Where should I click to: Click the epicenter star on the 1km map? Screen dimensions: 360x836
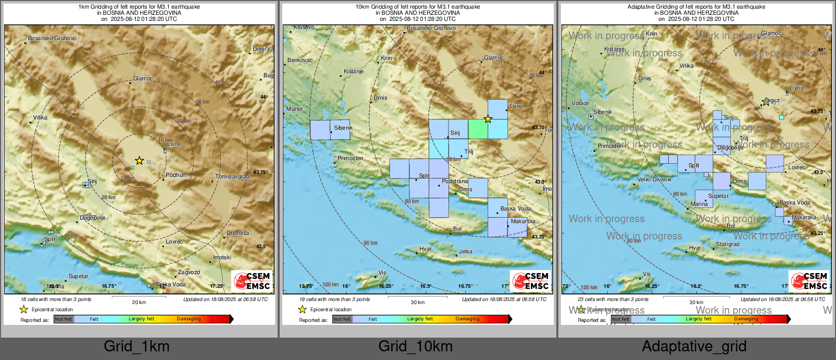[x=139, y=161]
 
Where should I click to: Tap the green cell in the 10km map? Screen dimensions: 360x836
[x=478, y=129]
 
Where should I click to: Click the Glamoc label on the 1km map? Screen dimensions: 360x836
[x=143, y=79]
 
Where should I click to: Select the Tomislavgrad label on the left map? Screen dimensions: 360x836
[x=232, y=177]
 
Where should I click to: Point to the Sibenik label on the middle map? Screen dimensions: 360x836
[x=343, y=128]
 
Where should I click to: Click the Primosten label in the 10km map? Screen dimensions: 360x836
[x=350, y=159]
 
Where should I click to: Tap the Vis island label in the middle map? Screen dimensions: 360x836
[x=382, y=273]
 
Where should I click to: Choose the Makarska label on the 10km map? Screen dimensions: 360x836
[x=523, y=222]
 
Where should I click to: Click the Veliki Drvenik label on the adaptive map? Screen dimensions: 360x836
[x=654, y=180]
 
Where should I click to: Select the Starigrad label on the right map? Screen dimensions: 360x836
[x=728, y=245]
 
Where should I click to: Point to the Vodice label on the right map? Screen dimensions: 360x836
[x=580, y=103]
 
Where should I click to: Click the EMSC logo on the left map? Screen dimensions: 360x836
[x=252, y=281]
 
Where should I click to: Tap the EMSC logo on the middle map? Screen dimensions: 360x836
[x=531, y=281]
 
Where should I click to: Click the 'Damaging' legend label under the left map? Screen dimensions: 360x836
[x=189, y=319]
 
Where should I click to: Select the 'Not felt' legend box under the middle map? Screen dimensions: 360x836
[x=342, y=319]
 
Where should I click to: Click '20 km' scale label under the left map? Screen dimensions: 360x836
[x=139, y=303]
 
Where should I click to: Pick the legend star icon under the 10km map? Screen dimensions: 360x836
[x=303, y=309]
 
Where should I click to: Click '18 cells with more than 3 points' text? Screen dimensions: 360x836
[x=56, y=299]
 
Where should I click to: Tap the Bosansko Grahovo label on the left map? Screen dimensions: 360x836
[x=52, y=39]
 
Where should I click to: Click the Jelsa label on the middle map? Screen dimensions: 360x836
[x=465, y=252]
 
